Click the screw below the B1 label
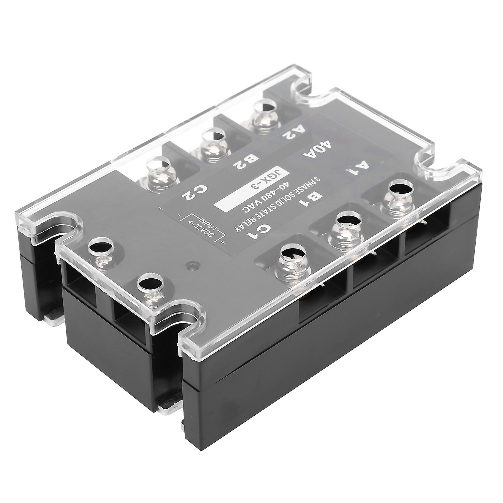(345, 227)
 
